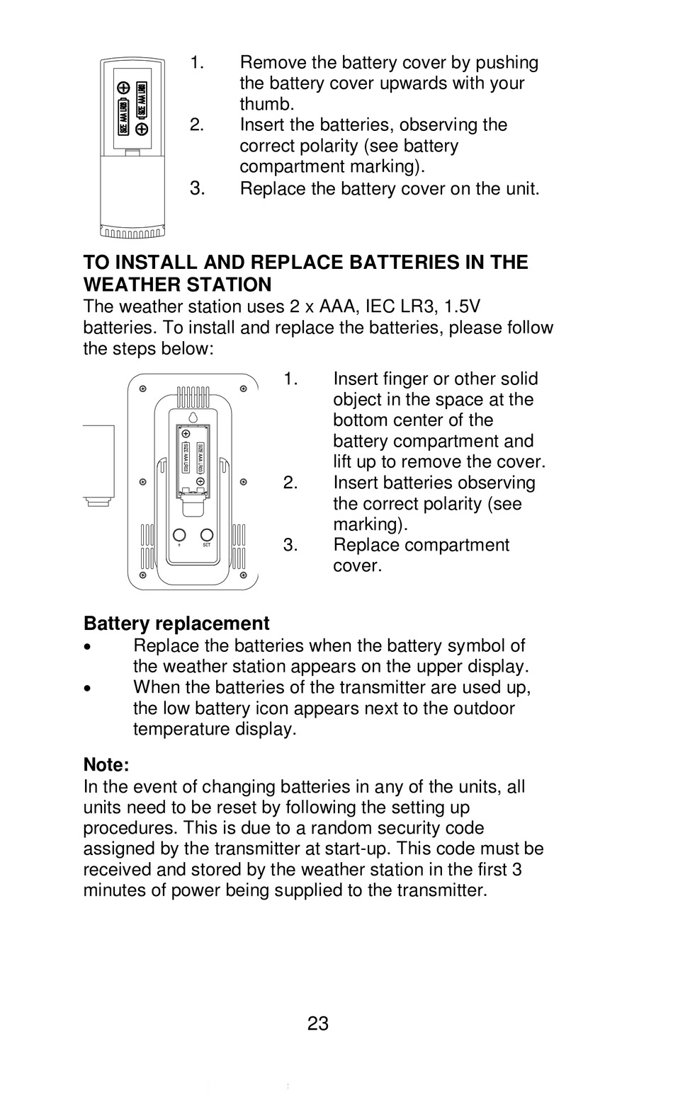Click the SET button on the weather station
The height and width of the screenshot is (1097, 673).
click(x=207, y=534)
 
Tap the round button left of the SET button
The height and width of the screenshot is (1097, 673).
click(x=179, y=534)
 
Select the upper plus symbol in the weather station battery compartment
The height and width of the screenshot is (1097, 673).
click(x=186, y=434)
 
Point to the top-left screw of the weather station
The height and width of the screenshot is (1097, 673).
click(x=142, y=389)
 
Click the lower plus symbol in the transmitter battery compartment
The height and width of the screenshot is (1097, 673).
click(x=141, y=129)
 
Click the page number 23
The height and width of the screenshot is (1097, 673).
click(x=318, y=1023)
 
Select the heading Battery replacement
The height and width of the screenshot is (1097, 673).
click(x=176, y=624)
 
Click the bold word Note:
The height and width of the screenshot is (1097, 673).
click(x=106, y=765)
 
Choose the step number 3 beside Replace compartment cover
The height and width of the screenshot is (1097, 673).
click(x=290, y=545)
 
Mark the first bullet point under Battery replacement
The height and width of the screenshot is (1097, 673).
click(x=87, y=647)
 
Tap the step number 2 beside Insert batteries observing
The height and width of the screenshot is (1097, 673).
click(x=290, y=483)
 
